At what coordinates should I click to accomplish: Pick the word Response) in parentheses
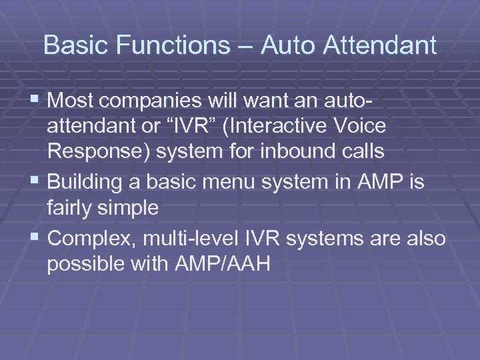click(99, 151)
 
